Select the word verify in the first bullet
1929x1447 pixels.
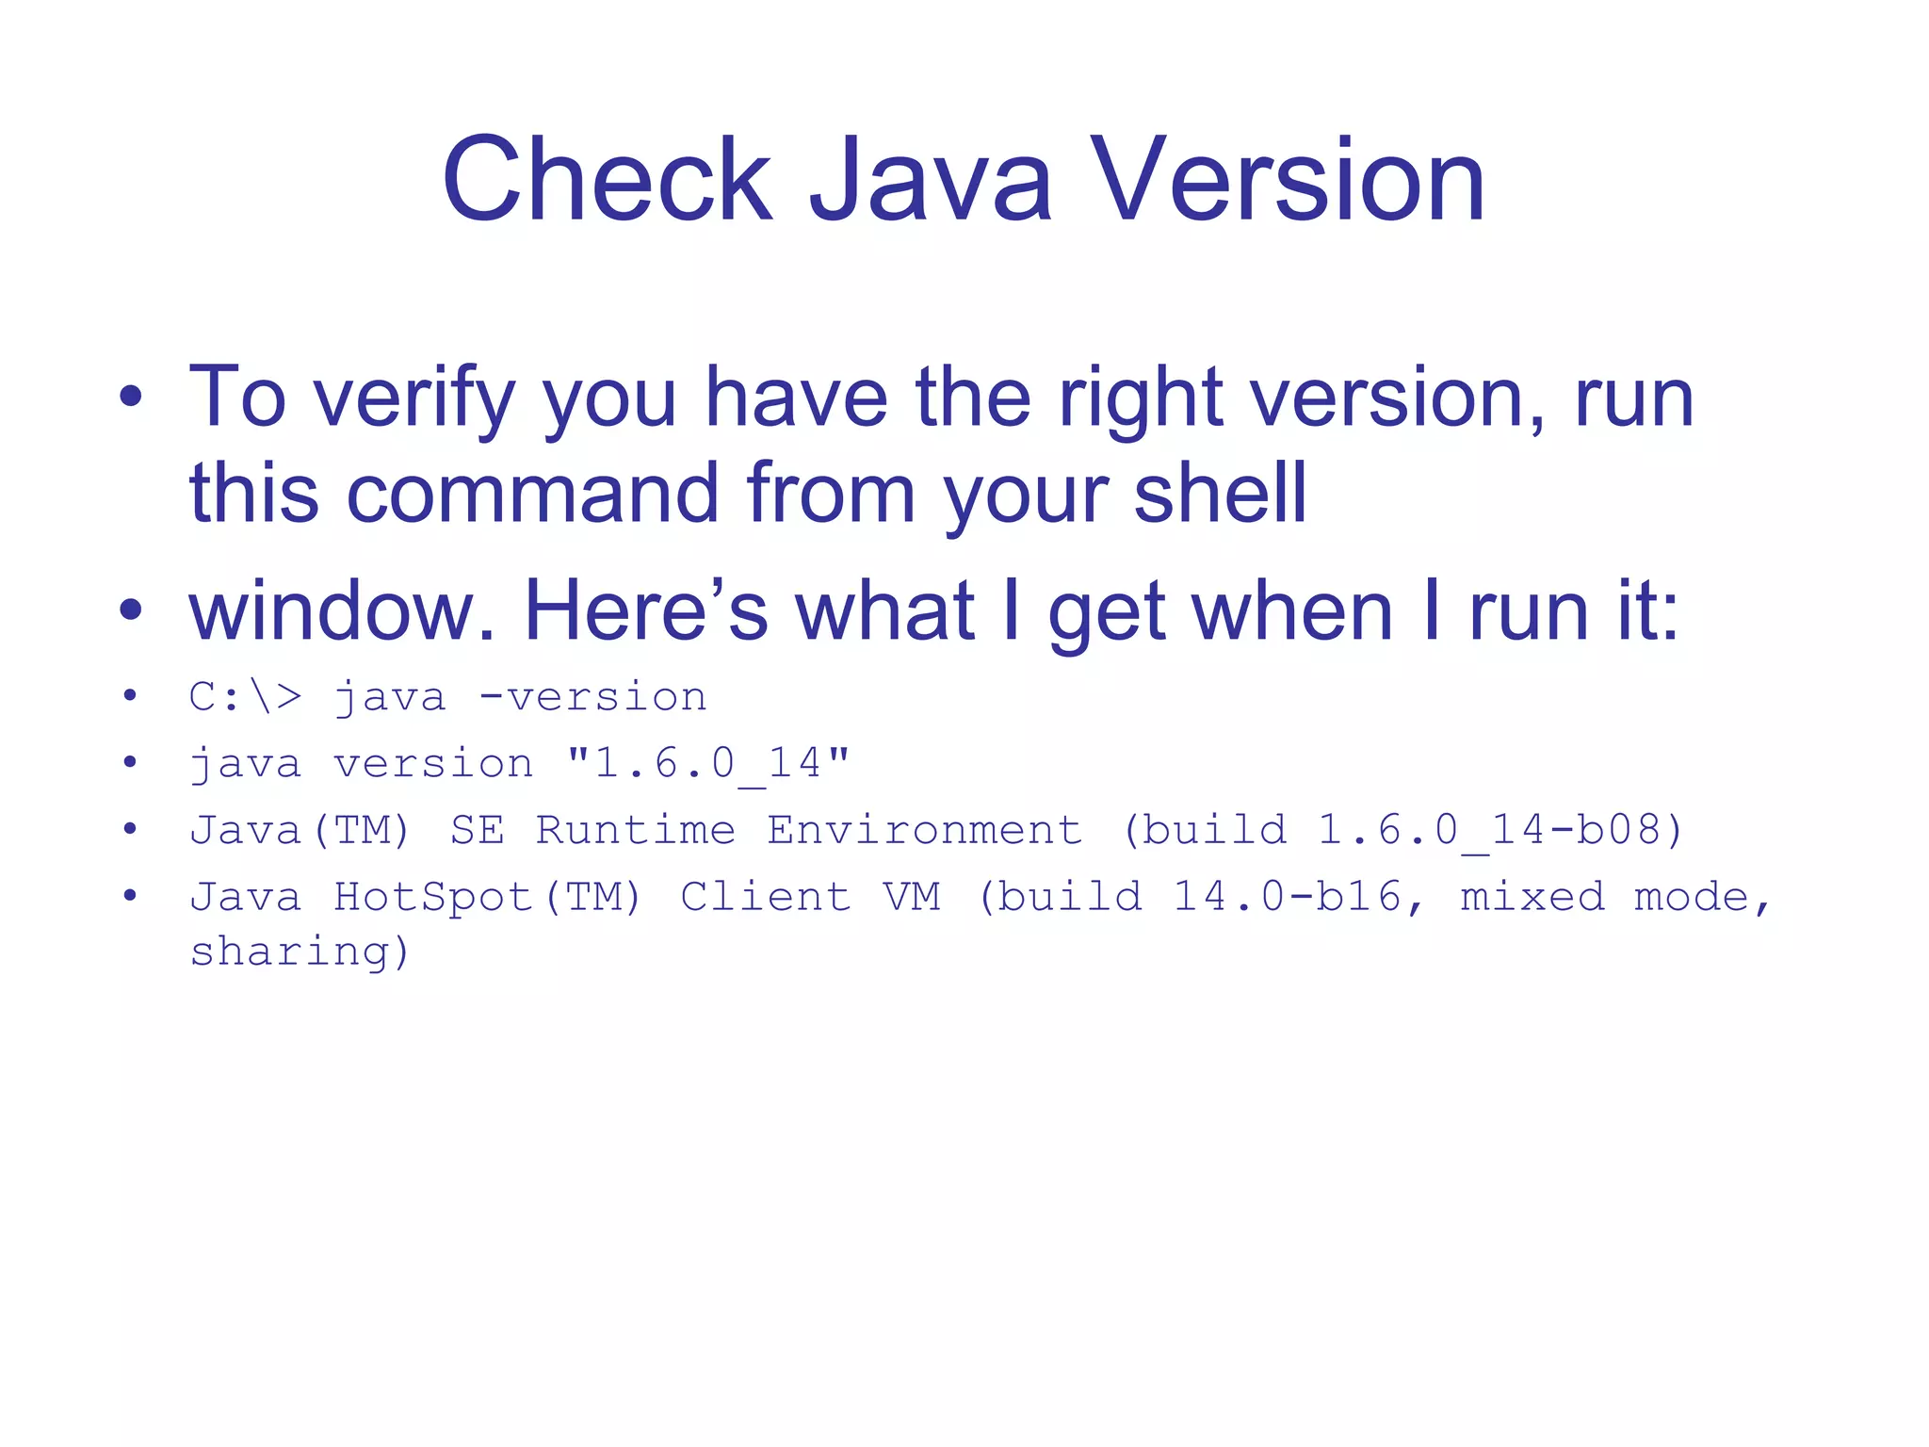click(413, 399)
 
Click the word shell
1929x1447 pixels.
click(1220, 494)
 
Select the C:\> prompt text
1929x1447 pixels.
click(246, 697)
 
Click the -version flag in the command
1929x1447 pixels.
click(592, 697)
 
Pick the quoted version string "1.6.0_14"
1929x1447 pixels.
click(708, 763)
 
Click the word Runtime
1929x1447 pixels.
click(636, 830)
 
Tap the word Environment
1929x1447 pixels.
click(925, 830)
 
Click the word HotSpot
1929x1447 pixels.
click(434, 897)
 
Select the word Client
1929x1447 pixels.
click(766, 897)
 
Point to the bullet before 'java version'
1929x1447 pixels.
click(130, 762)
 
